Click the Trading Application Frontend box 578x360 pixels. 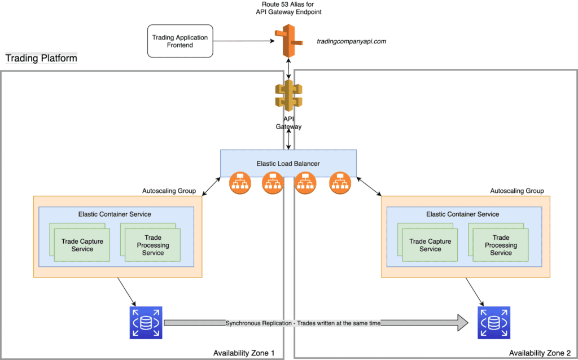click(180, 41)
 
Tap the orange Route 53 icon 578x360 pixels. click(289, 41)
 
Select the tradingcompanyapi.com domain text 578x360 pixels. click(352, 41)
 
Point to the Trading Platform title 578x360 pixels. click(41, 58)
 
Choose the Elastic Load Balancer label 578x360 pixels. click(288, 164)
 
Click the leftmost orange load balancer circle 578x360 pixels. click(240, 183)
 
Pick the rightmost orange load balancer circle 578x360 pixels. click(340, 183)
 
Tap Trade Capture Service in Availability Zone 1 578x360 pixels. click(82, 245)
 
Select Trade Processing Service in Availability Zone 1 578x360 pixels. click(152, 245)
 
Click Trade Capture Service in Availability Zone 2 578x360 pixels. click(430, 245)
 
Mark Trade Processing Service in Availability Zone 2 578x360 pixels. click(501, 245)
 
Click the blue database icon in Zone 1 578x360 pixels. click(146, 323)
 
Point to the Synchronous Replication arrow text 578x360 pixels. click(303, 323)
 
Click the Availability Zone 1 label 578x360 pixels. click(244, 353)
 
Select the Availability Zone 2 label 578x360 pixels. click(540, 353)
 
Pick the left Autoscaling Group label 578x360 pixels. click(169, 191)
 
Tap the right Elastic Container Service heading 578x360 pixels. click(462, 214)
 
